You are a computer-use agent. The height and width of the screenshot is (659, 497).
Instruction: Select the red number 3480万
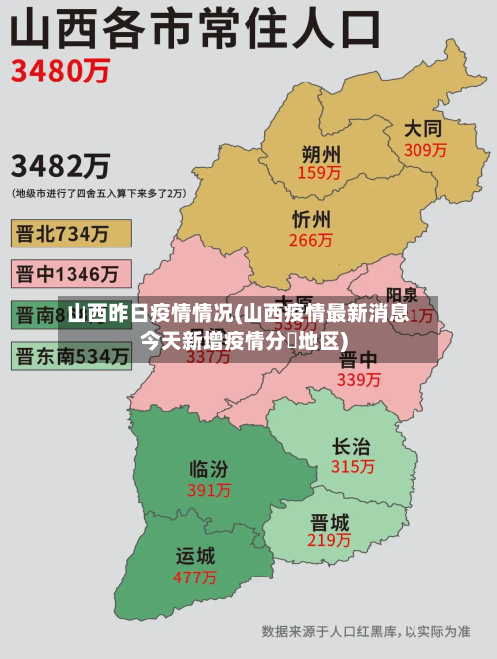click(61, 73)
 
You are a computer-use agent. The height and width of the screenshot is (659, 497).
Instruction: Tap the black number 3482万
click(61, 165)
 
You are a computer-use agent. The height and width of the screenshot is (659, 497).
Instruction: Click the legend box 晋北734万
click(71, 233)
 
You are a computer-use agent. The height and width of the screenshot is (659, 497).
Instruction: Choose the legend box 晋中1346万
click(71, 273)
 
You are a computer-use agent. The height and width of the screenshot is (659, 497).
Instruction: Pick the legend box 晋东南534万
click(71, 354)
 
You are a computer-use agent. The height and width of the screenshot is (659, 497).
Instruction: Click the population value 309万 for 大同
click(424, 150)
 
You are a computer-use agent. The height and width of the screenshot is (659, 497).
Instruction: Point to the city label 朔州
click(320, 154)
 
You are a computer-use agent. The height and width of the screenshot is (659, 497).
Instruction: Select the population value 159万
click(319, 173)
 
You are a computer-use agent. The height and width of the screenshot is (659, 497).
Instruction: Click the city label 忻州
click(312, 220)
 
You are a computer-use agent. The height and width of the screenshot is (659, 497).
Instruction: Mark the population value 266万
click(311, 240)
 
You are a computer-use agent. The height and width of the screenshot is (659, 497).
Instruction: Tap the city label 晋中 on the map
click(358, 359)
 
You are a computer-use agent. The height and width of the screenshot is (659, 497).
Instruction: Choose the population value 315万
click(352, 466)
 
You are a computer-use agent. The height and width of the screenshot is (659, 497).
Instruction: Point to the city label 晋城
click(329, 521)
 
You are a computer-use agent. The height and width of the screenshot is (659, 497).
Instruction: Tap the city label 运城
click(196, 555)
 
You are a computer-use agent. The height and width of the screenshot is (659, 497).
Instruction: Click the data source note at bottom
click(366, 631)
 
